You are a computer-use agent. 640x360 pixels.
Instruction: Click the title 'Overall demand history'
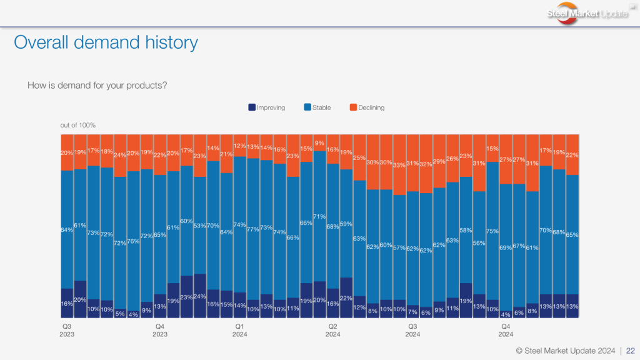106,42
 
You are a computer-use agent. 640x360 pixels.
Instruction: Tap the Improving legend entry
267,107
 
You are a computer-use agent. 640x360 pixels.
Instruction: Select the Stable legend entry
317,107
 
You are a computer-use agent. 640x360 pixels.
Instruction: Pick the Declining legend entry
367,107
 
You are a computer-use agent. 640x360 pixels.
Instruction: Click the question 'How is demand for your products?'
97,85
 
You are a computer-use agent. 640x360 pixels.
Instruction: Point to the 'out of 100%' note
78,126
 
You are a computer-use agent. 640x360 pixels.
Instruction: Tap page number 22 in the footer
630,350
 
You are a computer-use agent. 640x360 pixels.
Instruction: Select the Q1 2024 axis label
239,330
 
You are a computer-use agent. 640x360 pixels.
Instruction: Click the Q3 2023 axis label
67,330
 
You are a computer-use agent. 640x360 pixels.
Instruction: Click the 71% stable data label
319,216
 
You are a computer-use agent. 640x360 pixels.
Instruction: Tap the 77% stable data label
253,229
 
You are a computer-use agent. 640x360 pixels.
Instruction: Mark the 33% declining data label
399,165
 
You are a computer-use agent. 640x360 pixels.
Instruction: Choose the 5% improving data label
120,314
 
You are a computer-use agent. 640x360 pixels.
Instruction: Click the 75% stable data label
492,231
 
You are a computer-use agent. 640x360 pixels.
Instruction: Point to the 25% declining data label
359,157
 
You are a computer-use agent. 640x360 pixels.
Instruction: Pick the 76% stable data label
133,241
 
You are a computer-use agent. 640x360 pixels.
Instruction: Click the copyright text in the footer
565,350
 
